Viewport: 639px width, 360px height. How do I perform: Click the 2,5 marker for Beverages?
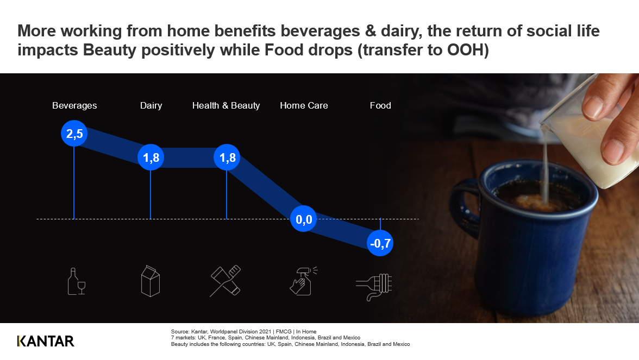[74, 133]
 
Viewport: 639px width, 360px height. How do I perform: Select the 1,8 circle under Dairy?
[151, 157]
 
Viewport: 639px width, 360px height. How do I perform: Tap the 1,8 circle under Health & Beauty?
[227, 157]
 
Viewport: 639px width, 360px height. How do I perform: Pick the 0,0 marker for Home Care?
[304, 219]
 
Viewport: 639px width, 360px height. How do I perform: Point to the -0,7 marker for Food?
[380, 243]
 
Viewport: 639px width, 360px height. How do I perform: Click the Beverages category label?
[74, 105]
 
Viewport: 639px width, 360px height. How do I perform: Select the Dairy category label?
[151, 105]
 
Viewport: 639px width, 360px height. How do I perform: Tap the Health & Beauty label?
[226, 105]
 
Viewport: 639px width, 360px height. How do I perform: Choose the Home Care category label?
[304, 105]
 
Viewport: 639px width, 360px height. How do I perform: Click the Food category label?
[380, 105]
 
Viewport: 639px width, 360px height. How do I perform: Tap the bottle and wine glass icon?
[77, 281]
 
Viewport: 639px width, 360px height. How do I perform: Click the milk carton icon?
[151, 281]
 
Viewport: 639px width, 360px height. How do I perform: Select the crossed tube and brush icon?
[225, 281]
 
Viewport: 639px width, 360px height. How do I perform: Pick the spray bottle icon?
[303, 281]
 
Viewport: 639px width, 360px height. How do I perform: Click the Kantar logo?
[46, 341]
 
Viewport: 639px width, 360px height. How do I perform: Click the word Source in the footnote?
[180, 331]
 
